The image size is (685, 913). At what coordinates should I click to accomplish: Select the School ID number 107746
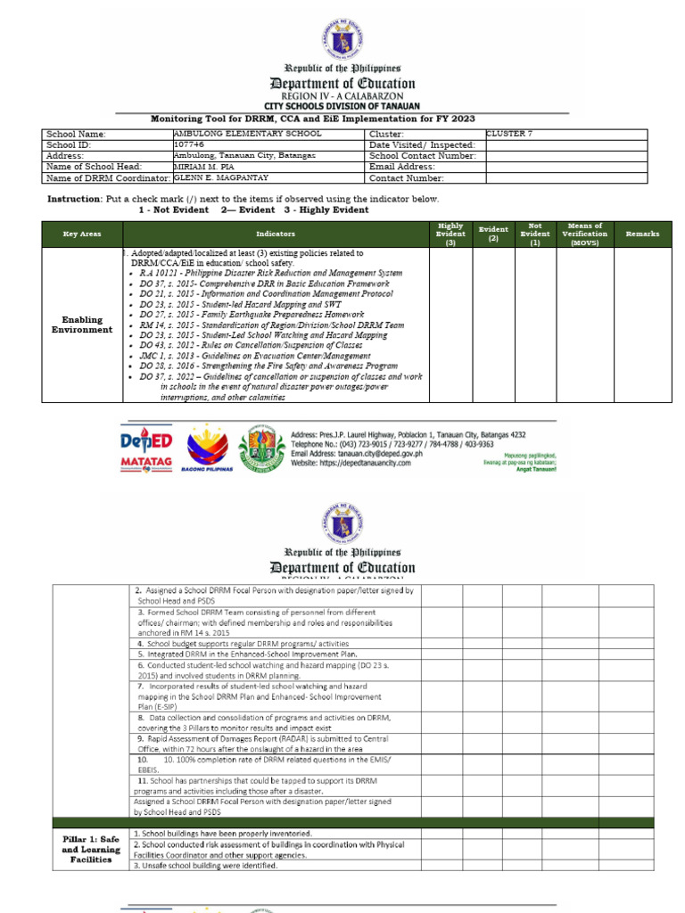tap(189, 144)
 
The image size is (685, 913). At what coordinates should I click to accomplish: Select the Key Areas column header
tap(82, 234)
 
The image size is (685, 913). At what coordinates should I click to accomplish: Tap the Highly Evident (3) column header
tap(450, 234)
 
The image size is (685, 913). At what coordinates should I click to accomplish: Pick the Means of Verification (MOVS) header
tap(585, 234)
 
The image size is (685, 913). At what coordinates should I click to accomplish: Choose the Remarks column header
tap(642, 234)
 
